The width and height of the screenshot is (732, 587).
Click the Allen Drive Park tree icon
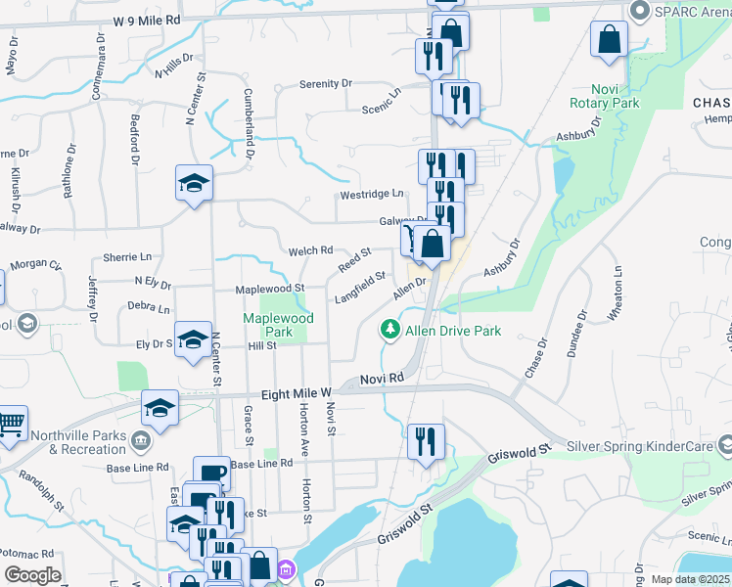click(x=391, y=330)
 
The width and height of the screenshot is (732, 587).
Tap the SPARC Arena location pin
click(x=641, y=12)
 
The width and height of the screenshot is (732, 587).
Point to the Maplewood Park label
click(x=279, y=325)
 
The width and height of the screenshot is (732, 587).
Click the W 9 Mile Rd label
click(x=146, y=20)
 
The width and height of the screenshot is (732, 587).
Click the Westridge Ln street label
click(x=372, y=195)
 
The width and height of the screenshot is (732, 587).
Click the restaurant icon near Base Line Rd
click(x=426, y=441)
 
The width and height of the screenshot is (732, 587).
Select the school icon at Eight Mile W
click(x=160, y=408)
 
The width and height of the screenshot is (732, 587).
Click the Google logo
click(x=31, y=575)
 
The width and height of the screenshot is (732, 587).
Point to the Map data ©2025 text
click(x=689, y=579)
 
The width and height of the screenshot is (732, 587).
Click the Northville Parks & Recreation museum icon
click(x=141, y=442)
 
